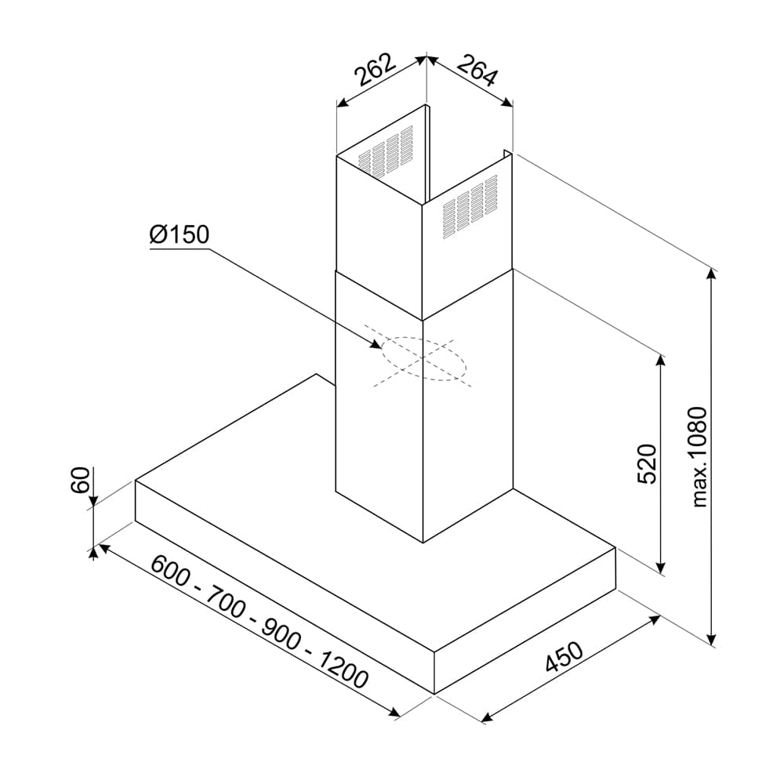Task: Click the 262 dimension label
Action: (375, 71)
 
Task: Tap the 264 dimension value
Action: (477, 70)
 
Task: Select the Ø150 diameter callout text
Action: (179, 234)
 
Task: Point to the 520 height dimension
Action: (645, 463)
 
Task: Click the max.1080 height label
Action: (699, 456)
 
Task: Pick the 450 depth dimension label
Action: (564, 659)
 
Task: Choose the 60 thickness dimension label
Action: (80, 479)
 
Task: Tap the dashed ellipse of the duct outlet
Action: (423, 359)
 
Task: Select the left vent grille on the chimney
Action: (385, 150)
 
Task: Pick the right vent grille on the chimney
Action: (469, 206)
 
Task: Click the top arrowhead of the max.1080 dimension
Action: (712, 273)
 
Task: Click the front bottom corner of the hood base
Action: (434, 693)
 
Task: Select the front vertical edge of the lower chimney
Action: (423, 431)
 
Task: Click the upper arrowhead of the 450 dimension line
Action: (655, 619)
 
